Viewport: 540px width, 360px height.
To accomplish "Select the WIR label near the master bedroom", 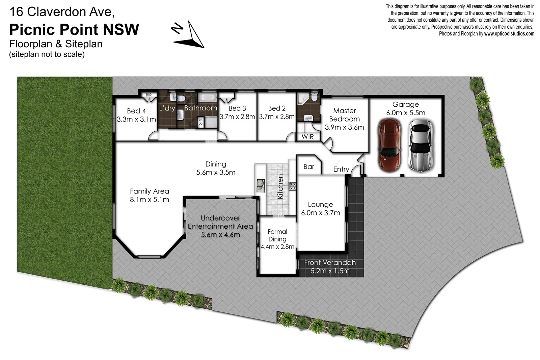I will (x=307, y=137).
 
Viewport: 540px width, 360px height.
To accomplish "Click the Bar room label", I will (x=308, y=166).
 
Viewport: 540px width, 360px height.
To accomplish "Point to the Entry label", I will (x=341, y=169).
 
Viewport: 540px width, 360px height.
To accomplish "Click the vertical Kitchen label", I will (x=280, y=186).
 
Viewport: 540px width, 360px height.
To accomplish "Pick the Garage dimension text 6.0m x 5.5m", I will (x=405, y=113).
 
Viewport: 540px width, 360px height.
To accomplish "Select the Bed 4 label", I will (x=136, y=111).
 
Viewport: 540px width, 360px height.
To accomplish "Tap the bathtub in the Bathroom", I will (x=207, y=98).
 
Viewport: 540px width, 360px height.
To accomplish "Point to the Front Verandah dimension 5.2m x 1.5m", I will (x=330, y=271).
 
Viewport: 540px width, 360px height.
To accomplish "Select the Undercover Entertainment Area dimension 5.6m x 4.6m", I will (x=220, y=235).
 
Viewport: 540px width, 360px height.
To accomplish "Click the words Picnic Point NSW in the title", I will (x=74, y=29).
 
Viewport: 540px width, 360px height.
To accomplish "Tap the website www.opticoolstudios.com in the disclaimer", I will (x=509, y=34).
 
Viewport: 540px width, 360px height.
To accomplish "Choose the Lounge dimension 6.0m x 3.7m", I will (x=320, y=213).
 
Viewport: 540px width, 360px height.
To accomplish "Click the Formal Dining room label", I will (x=277, y=235).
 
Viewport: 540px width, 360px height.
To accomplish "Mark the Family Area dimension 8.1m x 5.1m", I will (x=149, y=200).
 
